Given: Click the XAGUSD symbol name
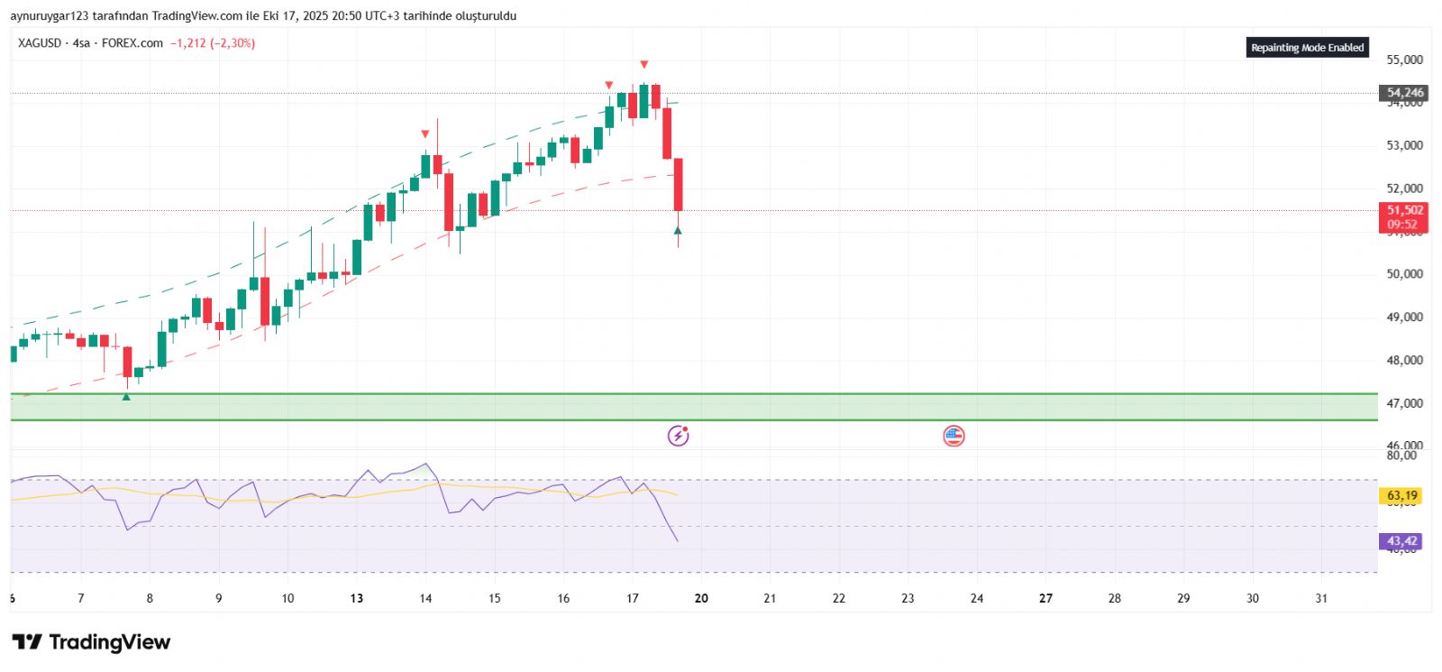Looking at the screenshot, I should coord(40,43).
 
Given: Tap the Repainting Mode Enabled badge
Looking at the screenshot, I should coord(1307,48).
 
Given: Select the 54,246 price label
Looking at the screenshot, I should coord(1404,93).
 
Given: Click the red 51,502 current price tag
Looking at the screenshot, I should coord(1404,211).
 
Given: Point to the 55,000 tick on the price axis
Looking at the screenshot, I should coord(1404,60).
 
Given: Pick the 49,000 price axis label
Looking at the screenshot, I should coord(1404,318).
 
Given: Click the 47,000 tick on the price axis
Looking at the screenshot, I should coord(1404,403).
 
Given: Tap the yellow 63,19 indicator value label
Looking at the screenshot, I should coord(1401,495).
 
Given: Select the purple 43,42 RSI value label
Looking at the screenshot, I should coord(1401,541).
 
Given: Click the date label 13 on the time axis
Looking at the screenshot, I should coord(357,598).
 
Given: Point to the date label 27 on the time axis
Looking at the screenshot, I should coord(1045,598).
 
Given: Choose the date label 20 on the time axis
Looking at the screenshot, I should coord(701,598).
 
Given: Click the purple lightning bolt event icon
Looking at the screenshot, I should coord(678,437).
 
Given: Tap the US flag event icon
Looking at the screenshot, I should coord(954,437).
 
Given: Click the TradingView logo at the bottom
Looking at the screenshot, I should coord(91,642).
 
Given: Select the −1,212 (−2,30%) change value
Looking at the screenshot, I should coord(213,43).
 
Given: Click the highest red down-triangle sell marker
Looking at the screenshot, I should coord(643,65).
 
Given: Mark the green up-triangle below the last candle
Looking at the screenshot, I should coord(678,231).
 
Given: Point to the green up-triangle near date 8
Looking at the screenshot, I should coord(126,397).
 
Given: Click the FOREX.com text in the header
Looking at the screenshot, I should coord(132,43).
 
